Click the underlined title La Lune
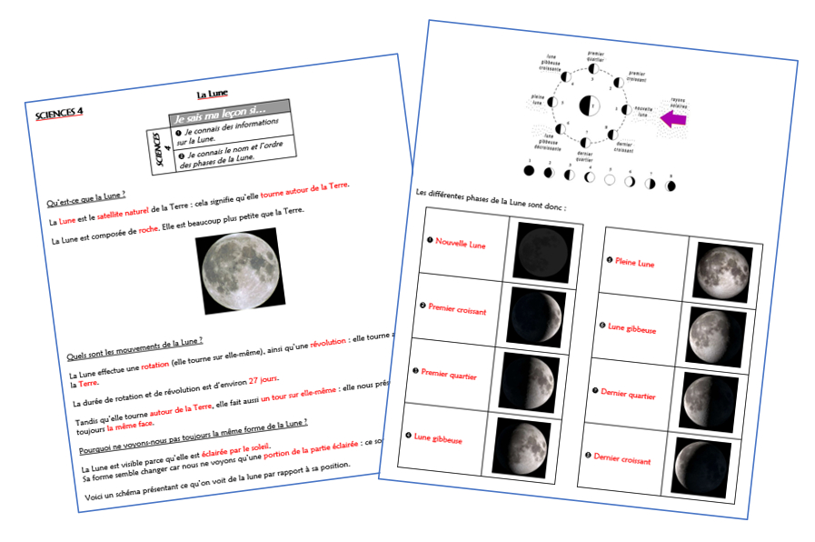[x=213, y=94]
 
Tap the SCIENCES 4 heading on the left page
[x=59, y=114]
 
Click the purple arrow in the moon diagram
[x=674, y=118]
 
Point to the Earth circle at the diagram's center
[x=591, y=107]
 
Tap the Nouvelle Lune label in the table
[x=462, y=243]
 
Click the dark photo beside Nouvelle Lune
[x=544, y=252]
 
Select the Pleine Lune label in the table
[x=635, y=264]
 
